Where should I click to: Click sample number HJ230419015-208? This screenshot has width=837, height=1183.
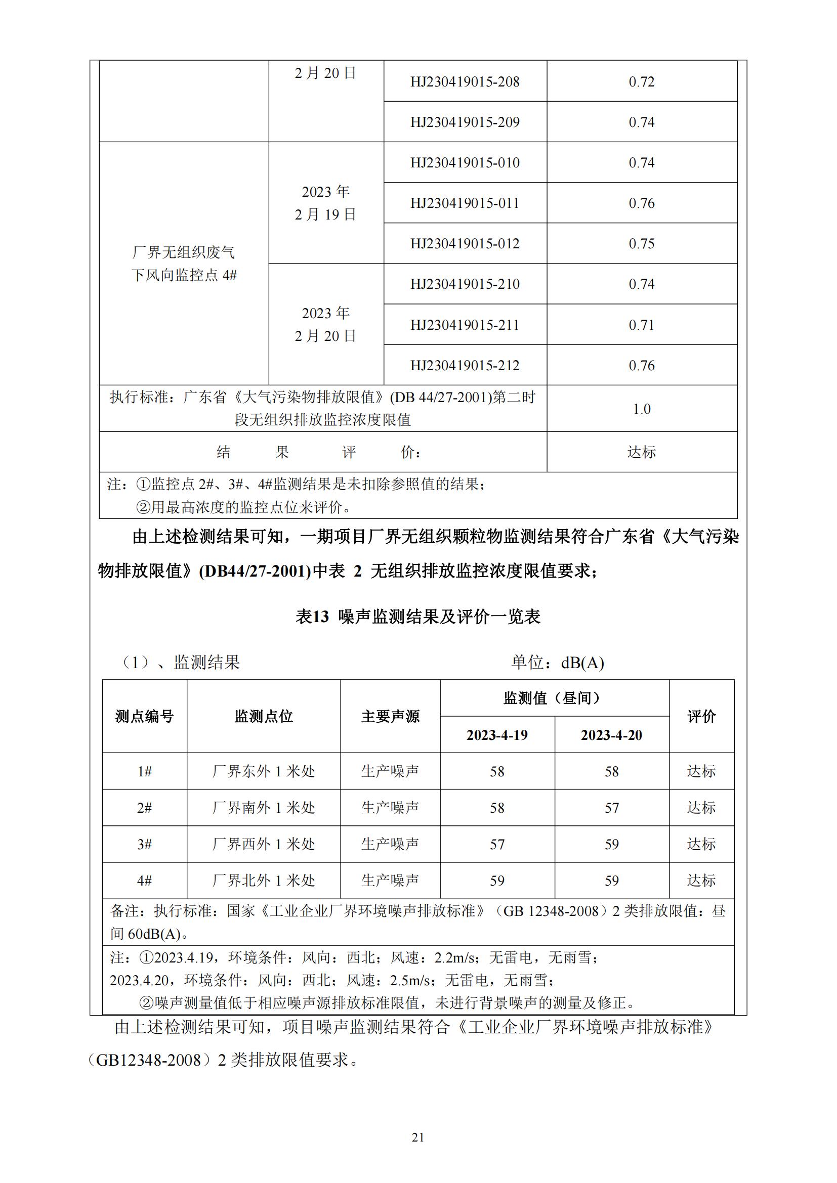coord(465,82)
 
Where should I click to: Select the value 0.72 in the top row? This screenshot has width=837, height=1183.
coord(641,82)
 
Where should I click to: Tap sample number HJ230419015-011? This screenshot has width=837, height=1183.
coord(465,203)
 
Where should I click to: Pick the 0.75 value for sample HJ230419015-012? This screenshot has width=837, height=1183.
coord(641,244)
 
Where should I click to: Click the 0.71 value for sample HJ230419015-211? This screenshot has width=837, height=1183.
coord(641,325)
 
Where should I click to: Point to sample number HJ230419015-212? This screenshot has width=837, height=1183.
coord(465,366)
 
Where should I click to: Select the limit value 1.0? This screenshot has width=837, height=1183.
coord(641,409)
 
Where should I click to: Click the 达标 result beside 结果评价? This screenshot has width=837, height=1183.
coord(641,452)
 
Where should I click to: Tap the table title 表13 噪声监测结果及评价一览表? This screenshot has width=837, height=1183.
coord(417,617)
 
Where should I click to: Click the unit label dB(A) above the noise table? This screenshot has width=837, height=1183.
coord(582,663)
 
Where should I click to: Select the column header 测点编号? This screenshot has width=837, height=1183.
coord(144,716)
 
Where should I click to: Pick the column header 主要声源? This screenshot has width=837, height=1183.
coord(390,716)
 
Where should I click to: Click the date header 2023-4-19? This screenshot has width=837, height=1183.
coord(497,735)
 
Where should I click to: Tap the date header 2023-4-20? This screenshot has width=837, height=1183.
coord(611,735)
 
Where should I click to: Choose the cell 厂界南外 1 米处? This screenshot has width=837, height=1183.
coord(263,808)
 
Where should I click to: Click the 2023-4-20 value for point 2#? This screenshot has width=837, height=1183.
coord(611,808)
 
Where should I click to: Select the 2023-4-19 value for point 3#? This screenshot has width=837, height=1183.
coord(497,845)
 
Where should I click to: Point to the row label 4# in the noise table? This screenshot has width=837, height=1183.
coord(144,881)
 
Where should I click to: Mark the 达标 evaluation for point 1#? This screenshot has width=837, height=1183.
coord(701,771)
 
